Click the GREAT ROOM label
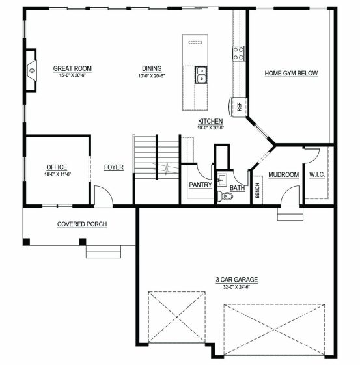[72, 68]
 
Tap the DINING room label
[152, 68]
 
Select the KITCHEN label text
[210, 121]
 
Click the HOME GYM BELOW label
[291, 73]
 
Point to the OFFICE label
[57, 167]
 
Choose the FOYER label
[114, 167]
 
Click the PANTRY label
[201, 185]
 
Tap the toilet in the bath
[225, 196]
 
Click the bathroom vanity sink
[222, 180]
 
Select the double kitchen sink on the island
[201, 75]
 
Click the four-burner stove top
[238, 53]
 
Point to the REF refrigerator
[238, 107]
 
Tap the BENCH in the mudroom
[258, 191]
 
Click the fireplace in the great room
[31, 70]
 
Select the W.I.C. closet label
[317, 174]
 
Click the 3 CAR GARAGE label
[236, 280]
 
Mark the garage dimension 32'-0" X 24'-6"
[236, 287]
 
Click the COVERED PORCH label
[82, 224]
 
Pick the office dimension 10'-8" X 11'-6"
[57, 174]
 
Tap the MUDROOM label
[284, 174]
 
